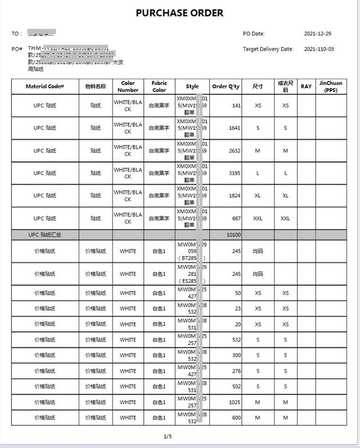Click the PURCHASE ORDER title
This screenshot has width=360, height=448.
tap(179, 13)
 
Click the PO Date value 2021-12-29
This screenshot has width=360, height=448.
tap(318, 34)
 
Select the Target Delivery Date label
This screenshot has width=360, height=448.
tap(268, 49)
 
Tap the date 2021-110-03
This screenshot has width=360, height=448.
tap(319, 49)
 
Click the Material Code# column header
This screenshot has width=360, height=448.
tap(45, 87)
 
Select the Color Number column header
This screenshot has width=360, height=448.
tap(128, 87)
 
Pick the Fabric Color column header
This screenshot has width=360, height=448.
tap(159, 87)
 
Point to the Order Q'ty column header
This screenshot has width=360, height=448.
tap(226, 87)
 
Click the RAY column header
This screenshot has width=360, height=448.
tap(306, 87)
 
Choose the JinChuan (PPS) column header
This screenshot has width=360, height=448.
tap(330, 87)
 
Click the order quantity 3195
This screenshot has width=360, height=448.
tap(235, 173)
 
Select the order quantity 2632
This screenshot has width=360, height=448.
tap(235, 151)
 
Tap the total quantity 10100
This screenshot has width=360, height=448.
tap(233, 235)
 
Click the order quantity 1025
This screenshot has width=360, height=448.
tap(233, 402)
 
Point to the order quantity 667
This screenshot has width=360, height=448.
tap(236, 218)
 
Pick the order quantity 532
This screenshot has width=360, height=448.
tap(236, 340)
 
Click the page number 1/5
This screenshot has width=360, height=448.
tap(168, 436)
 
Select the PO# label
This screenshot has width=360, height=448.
tap(17, 49)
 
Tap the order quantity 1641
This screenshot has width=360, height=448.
tap(235, 128)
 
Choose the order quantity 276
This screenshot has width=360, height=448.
tap(236, 371)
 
